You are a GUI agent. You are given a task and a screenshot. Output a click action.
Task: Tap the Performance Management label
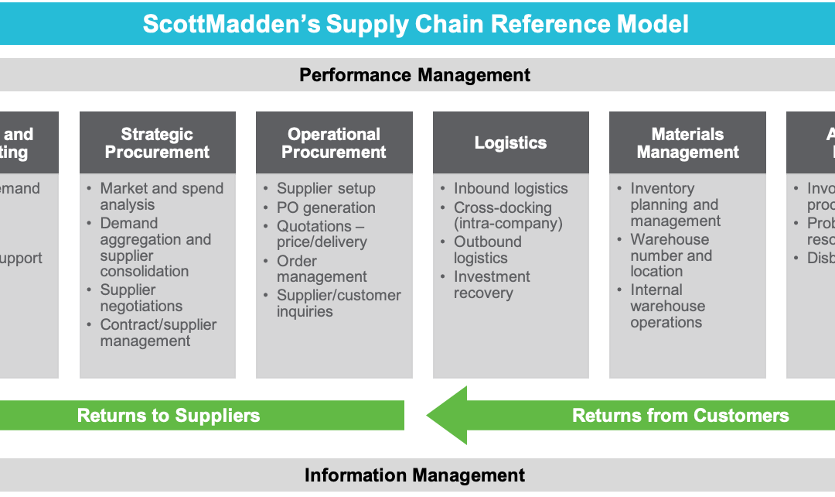pos(415,75)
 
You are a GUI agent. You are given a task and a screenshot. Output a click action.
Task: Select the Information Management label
pos(415,475)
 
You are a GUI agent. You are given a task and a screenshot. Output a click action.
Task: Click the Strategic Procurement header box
pos(157,143)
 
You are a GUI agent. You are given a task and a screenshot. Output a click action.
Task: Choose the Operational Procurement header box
pos(334,143)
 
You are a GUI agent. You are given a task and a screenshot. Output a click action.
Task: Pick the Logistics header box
pos(510,143)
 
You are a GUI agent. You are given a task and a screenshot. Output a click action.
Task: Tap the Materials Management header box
pos(687,143)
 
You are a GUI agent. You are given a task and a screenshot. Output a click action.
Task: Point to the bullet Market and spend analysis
pos(161,197)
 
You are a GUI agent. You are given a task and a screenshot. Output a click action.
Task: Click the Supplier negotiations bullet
pos(141,298)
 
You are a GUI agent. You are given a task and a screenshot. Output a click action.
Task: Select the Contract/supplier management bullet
pos(158,333)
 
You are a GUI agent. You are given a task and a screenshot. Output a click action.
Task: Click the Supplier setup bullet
pos(325,189)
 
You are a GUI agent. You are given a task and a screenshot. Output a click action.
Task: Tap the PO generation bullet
pos(325,207)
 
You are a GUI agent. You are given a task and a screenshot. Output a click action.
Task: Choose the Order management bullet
pos(322,269)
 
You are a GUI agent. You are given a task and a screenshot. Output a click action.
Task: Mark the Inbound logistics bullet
pos(510,189)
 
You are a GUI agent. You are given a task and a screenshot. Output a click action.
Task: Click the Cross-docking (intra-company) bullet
pos(507,216)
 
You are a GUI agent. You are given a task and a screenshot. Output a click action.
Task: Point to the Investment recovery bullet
pos(492,285)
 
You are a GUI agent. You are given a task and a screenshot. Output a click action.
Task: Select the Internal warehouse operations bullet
pos(667,306)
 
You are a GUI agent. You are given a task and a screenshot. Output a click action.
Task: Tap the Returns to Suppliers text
pos(169,416)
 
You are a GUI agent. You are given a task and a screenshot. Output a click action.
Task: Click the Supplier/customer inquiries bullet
pos(339,303)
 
